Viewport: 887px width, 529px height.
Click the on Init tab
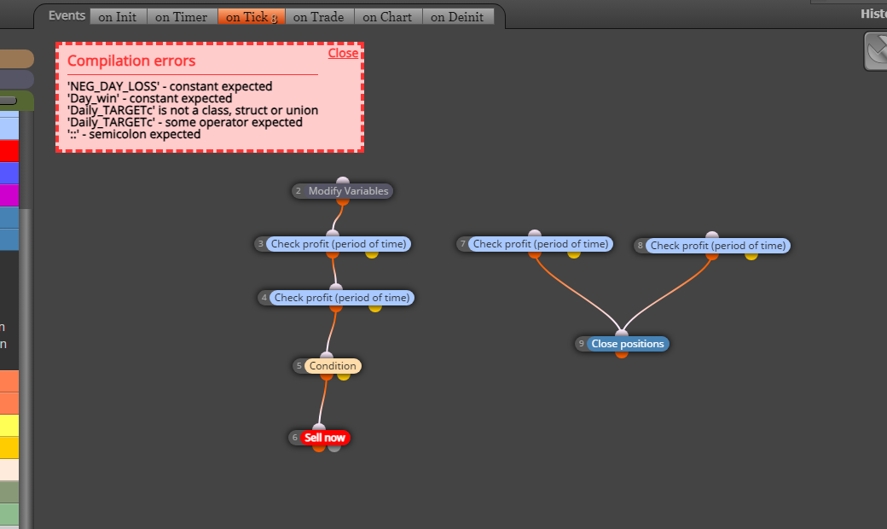pyautogui.click(x=119, y=17)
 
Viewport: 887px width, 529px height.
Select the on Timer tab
pyautogui.click(x=182, y=17)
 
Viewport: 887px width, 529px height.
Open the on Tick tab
pyautogui.click(x=252, y=17)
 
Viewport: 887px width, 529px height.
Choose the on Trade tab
pyautogui.click(x=319, y=17)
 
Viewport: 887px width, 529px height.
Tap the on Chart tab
pyautogui.click(x=388, y=17)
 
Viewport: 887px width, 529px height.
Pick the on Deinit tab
pyautogui.click(x=458, y=17)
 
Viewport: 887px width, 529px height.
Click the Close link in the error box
pyautogui.click(x=343, y=53)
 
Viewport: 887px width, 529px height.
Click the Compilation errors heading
pyautogui.click(x=131, y=61)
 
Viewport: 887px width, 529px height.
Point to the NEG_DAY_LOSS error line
pyautogui.click(x=170, y=86)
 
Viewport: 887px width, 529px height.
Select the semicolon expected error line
pyautogui.click(x=134, y=135)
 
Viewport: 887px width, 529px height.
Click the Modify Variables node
pyautogui.click(x=342, y=191)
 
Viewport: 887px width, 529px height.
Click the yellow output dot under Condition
pyautogui.click(x=344, y=375)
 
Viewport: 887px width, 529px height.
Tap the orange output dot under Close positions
pyautogui.click(x=622, y=354)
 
